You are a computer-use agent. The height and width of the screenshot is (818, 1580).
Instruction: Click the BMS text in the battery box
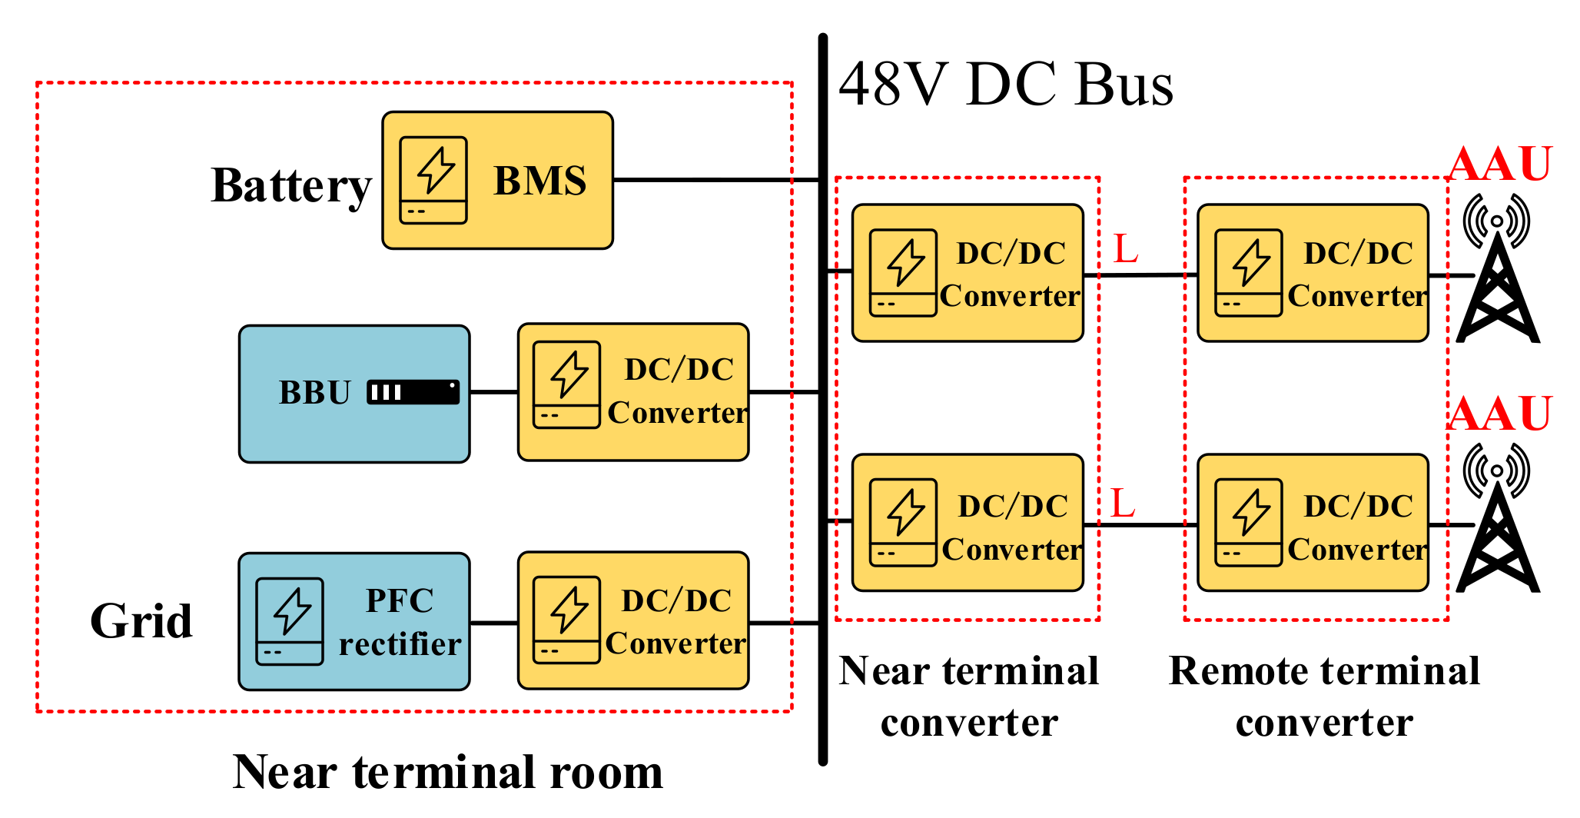click(x=539, y=181)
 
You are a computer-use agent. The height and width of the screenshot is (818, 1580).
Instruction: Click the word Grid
click(x=141, y=621)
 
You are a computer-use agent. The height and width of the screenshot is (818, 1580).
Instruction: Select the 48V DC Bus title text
click(x=1005, y=85)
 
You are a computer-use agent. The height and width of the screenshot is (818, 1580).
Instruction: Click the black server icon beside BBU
click(x=413, y=392)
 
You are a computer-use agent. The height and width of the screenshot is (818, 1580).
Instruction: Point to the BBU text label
click(x=314, y=393)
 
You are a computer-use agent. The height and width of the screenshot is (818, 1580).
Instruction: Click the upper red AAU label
click(x=1499, y=164)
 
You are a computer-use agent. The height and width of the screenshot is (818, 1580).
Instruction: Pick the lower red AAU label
click(x=1499, y=414)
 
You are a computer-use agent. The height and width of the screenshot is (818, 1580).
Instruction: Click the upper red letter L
click(x=1126, y=249)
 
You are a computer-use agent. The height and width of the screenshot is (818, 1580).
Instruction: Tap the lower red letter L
click(x=1123, y=504)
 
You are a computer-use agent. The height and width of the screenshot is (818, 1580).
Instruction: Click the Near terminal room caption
click(x=448, y=772)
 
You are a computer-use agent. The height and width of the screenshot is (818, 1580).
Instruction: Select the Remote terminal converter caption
click(x=1323, y=697)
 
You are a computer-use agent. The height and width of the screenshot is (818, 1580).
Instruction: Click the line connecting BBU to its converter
click(x=493, y=392)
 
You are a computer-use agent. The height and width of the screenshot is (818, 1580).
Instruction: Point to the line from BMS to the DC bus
click(x=715, y=180)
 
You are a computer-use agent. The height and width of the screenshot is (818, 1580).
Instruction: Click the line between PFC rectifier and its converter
click(x=493, y=623)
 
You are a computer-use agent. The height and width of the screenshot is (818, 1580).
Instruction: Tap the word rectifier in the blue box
click(x=400, y=644)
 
